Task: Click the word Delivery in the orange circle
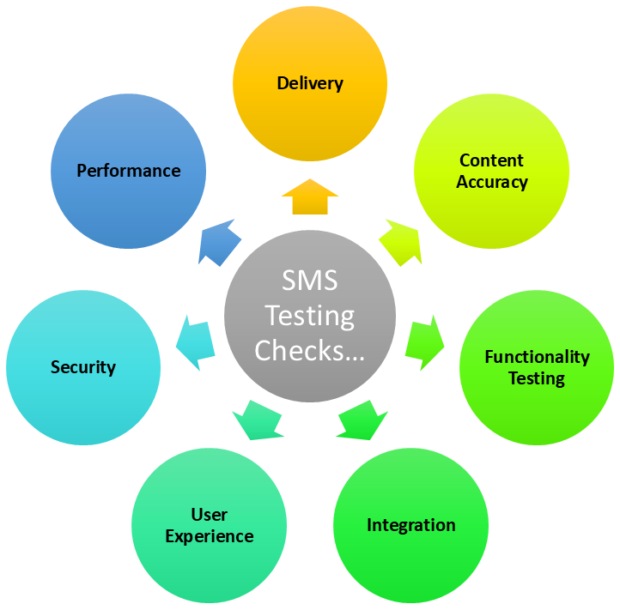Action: pyautogui.click(x=310, y=83)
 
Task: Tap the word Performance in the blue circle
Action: pyautogui.click(x=129, y=171)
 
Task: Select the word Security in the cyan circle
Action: pyautogui.click(x=83, y=367)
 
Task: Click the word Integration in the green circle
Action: pyautogui.click(x=411, y=525)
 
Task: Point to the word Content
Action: pyautogui.click(x=491, y=160)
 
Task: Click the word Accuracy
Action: pyautogui.click(x=492, y=182)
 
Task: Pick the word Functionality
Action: pyautogui.click(x=537, y=357)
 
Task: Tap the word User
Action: pyautogui.click(x=210, y=515)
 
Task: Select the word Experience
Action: pyautogui.click(x=210, y=537)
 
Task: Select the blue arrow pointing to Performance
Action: pyautogui.click(x=220, y=242)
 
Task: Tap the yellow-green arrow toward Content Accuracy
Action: pyautogui.click(x=400, y=241)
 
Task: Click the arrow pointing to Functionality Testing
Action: pyautogui.click(x=424, y=341)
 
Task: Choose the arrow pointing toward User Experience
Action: pyautogui.click(x=257, y=419)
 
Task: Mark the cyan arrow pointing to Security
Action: pyautogui.click(x=195, y=342)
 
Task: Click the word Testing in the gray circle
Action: pyautogui.click(x=310, y=316)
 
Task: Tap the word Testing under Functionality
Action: pyautogui.click(x=537, y=378)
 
